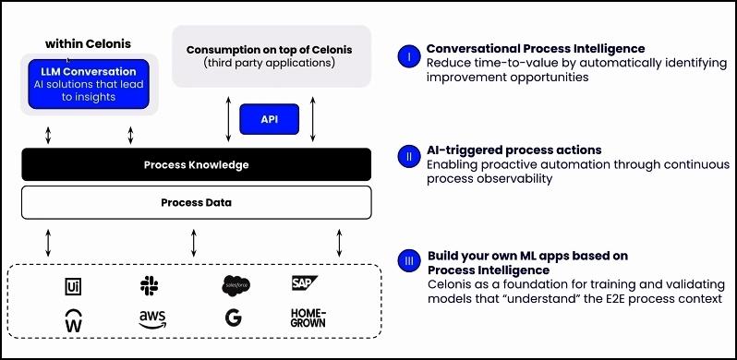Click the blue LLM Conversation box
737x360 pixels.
[89, 84]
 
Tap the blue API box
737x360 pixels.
[270, 119]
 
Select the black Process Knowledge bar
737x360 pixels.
[197, 164]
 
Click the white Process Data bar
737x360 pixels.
[197, 202]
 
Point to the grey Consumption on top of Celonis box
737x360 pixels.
[272, 56]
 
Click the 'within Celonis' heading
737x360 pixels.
[88, 44]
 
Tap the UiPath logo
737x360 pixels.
[73, 286]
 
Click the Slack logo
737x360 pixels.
[149, 286]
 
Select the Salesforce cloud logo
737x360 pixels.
[236, 285]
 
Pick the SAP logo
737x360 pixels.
[304, 283]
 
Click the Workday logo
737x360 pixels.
[73, 320]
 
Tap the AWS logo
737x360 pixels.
[152, 319]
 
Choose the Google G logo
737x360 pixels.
[233, 318]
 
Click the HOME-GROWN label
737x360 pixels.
[308, 318]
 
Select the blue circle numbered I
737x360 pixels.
[409, 57]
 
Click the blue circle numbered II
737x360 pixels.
[409, 157]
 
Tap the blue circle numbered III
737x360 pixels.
[409, 261]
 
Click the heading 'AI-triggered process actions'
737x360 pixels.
[514, 150]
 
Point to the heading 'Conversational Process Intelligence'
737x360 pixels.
[536, 48]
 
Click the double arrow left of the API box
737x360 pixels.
[228, 119]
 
